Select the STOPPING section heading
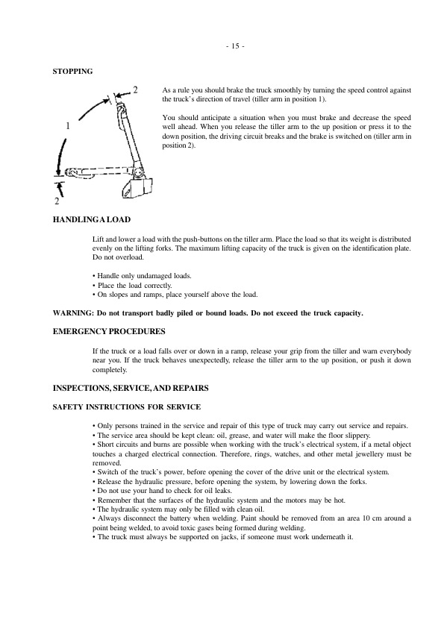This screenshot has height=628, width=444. pyautogui.click(x=72, y=72)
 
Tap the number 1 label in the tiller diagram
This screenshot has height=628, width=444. pyautogui.click(x=68, y=126)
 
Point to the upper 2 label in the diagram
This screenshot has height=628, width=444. pyautogui.click(x=134, y=90)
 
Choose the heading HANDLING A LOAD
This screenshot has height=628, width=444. pyautogui.click(x=91, y=220)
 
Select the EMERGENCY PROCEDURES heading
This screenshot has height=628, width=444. pyautogui.click(x=109, y=331)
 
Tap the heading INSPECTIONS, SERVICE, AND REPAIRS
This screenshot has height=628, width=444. pyautogui.click(x=134, y=388)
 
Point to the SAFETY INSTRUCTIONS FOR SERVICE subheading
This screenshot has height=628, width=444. pyautogui.click(x=125, y=406)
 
